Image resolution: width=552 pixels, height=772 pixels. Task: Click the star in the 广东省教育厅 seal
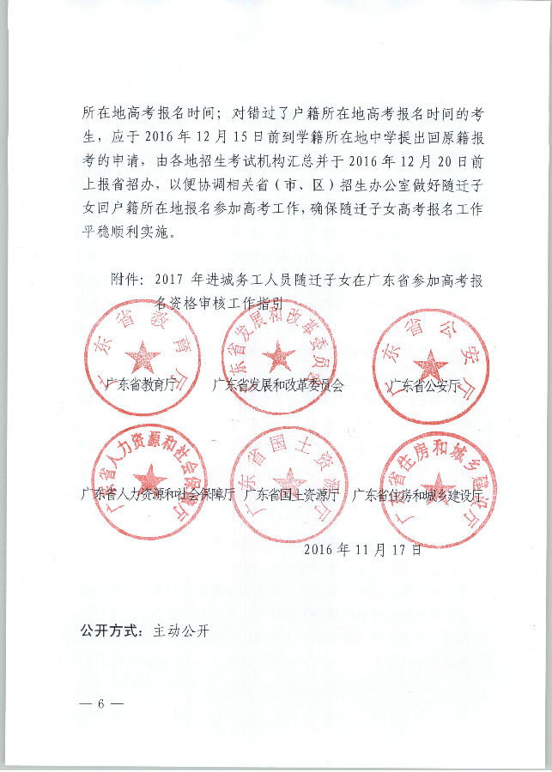(x=143, y=356)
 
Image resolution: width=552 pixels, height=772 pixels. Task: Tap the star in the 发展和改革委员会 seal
(x=277, y=354)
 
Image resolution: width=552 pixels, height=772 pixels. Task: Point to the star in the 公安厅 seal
(x=429, y=365)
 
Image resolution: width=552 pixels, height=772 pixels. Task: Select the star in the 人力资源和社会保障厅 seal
(x=152, y=478)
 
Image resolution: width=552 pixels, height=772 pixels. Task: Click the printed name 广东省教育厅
(x=143, y=386)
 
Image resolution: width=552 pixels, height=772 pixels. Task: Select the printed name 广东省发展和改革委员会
(x=277, y=386)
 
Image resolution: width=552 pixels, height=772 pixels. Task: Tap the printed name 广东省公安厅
(x=424, y=386)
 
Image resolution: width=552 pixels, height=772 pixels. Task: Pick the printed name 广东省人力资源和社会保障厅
(x=157, y=494)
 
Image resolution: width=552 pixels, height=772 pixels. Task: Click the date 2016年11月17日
(x=362, y=548)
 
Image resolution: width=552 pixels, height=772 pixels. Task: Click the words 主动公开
(x=181, y=631)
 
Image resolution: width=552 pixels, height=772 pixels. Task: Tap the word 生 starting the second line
(x=88, y=136)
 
